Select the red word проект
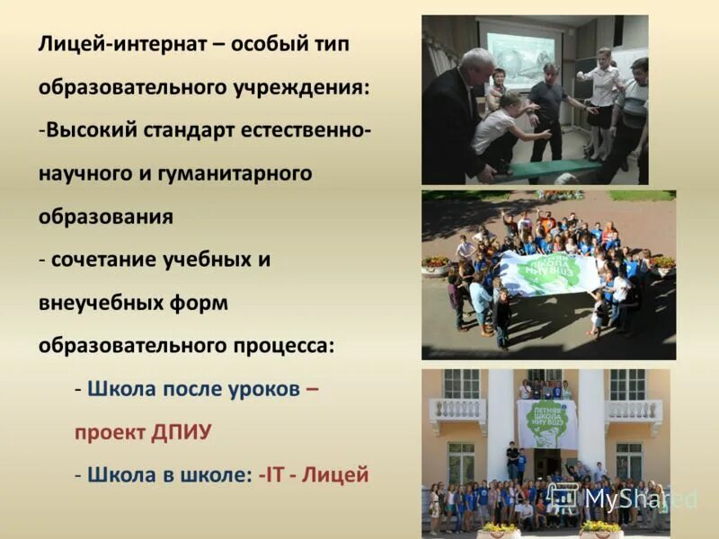click(111, 432)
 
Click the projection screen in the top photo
click(520, 58)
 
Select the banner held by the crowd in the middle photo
click(548, 272)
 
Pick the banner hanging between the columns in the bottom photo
click(546, 422)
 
